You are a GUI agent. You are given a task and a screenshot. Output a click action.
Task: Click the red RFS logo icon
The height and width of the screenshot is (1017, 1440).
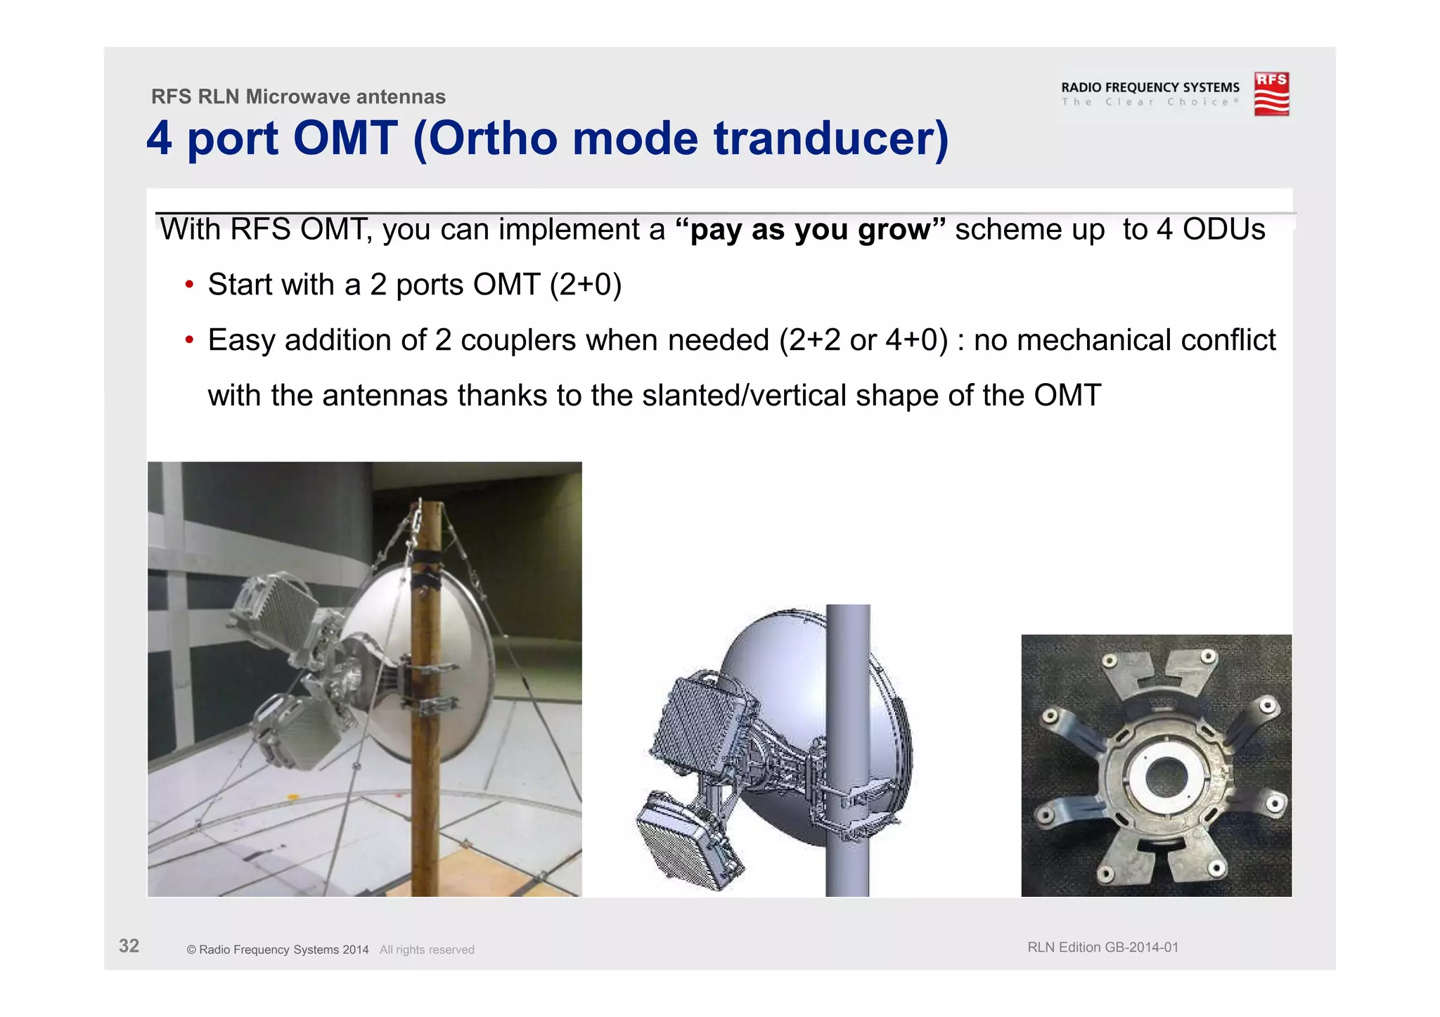coord(1271,93)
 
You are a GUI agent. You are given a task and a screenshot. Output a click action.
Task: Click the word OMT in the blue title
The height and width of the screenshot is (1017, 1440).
coord(345,138)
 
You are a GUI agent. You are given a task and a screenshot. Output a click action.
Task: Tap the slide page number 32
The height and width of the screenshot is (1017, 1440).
coord(129,946)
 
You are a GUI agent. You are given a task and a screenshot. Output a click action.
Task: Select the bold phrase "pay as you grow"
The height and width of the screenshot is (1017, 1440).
coord(810,230)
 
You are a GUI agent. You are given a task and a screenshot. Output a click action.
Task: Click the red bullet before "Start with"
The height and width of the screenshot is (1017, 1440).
coord(188,285)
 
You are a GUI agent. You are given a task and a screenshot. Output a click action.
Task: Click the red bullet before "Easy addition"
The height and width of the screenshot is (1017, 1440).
coord(188,340)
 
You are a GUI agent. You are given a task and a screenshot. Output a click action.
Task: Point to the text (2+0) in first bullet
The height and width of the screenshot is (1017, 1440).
coord(586,285)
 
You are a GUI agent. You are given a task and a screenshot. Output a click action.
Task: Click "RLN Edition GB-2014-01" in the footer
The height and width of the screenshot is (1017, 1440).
coord(1102,947)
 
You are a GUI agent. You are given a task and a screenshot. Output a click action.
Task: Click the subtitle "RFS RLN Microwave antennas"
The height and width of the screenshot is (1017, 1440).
coord(298,96)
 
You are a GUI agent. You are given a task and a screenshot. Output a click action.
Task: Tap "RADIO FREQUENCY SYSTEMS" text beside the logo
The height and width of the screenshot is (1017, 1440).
coord(1150,87)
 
